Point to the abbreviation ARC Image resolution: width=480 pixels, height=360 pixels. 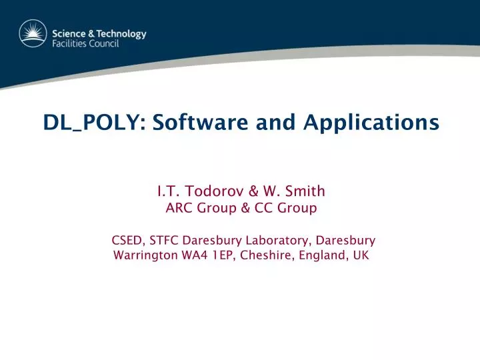tap(178, 209)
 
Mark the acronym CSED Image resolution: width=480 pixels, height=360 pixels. tap(127, 240)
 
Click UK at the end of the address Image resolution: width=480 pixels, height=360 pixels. tap(360, 255)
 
